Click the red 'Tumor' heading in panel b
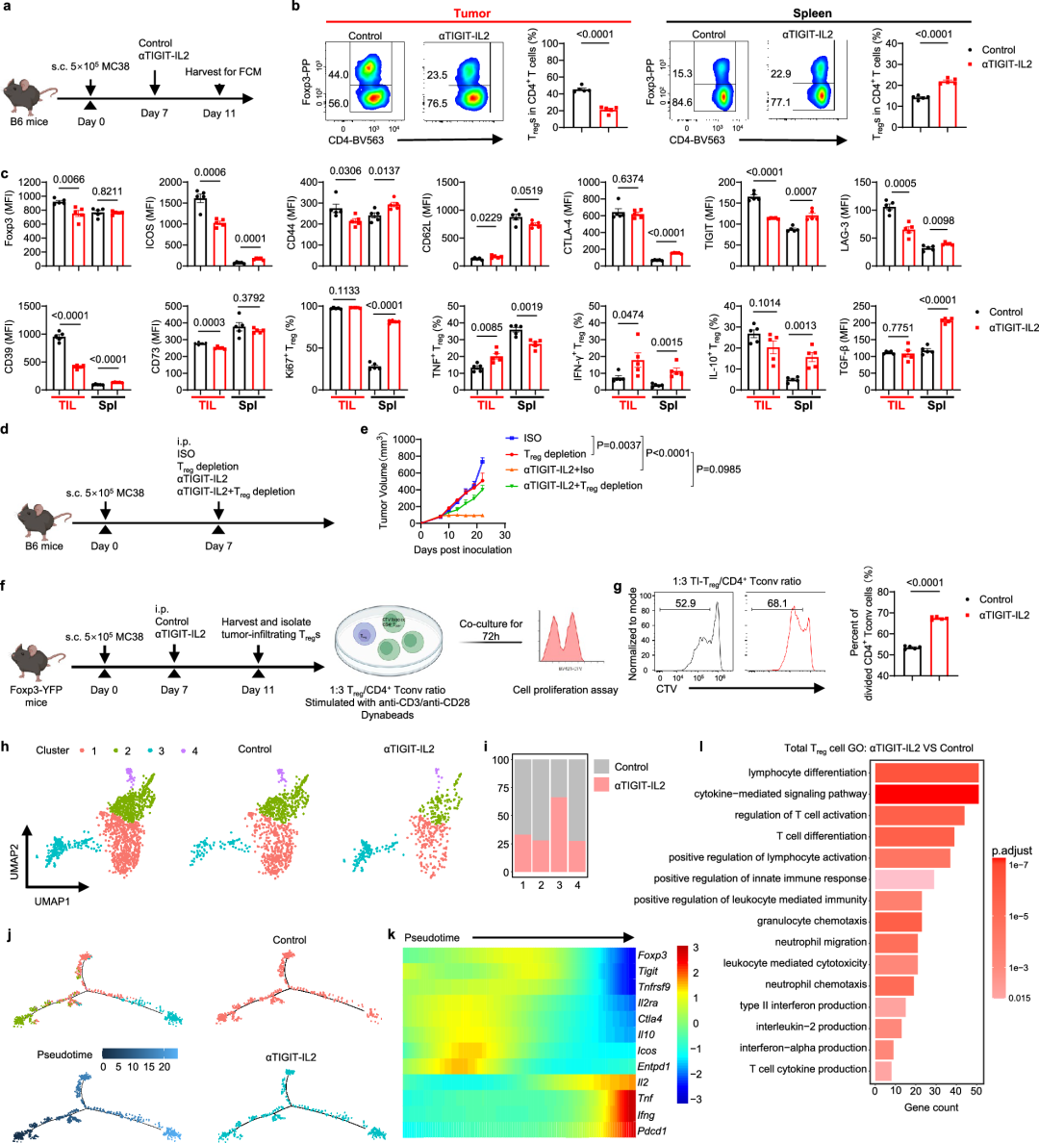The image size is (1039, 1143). point(472,13)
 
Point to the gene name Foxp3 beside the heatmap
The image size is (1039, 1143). point(651,955)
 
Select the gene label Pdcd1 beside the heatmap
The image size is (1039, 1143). point(652,1130)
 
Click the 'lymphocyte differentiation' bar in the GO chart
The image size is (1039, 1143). point(925,773)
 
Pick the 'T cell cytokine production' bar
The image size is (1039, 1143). point(882,1069)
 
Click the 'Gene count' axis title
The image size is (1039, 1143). point(930,1107)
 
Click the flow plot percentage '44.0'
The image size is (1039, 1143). point(337,74)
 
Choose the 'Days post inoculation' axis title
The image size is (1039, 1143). point(462,549)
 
